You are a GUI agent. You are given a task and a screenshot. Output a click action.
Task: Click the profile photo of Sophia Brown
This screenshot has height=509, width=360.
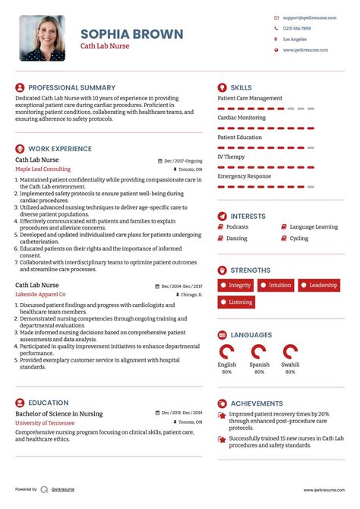point(42,38)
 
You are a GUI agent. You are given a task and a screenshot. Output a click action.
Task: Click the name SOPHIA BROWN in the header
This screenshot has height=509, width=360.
point(131,33)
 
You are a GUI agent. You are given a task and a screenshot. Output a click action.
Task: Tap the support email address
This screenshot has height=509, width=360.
point(306,17)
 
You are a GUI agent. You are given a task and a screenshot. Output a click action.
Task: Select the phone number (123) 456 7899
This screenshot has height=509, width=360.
point(296,28)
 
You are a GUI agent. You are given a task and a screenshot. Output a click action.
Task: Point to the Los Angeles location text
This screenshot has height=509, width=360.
point(295,39)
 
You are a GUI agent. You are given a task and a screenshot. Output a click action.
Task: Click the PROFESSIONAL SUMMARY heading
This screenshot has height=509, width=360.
point(71,87)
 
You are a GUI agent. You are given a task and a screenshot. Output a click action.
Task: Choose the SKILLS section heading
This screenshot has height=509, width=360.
point(241,87)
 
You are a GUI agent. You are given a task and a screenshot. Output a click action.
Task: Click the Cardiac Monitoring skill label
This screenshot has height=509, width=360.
point(242,118)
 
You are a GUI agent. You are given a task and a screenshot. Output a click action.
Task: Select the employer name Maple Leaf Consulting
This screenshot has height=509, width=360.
point(43,169)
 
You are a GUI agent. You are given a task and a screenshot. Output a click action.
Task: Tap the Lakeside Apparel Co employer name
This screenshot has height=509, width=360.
point(40,294)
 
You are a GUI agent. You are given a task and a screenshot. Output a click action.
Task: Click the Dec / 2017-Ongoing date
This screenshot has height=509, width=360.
point(184,161)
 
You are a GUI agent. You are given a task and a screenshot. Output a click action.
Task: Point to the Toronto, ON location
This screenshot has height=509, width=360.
point(191,169)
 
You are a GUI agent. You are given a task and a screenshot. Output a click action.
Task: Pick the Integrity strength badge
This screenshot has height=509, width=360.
point(235,286)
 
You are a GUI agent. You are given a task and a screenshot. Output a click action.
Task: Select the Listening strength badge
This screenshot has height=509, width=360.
point(236,302)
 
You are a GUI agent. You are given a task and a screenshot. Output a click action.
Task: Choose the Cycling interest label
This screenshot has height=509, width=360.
point(299,239)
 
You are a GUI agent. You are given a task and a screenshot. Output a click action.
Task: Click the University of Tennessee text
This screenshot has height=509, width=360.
point(45,422)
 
